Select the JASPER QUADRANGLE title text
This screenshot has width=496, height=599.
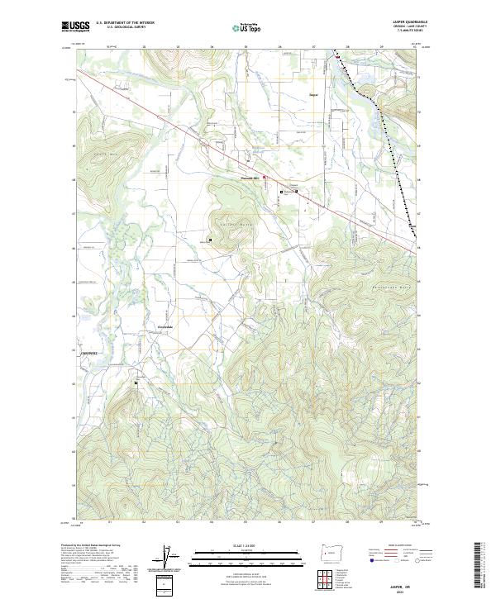click(x=403, y=22)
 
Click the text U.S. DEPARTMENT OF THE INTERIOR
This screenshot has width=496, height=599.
click(x=125, y=23)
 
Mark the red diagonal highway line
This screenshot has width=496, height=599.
click(x=207, y=149)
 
